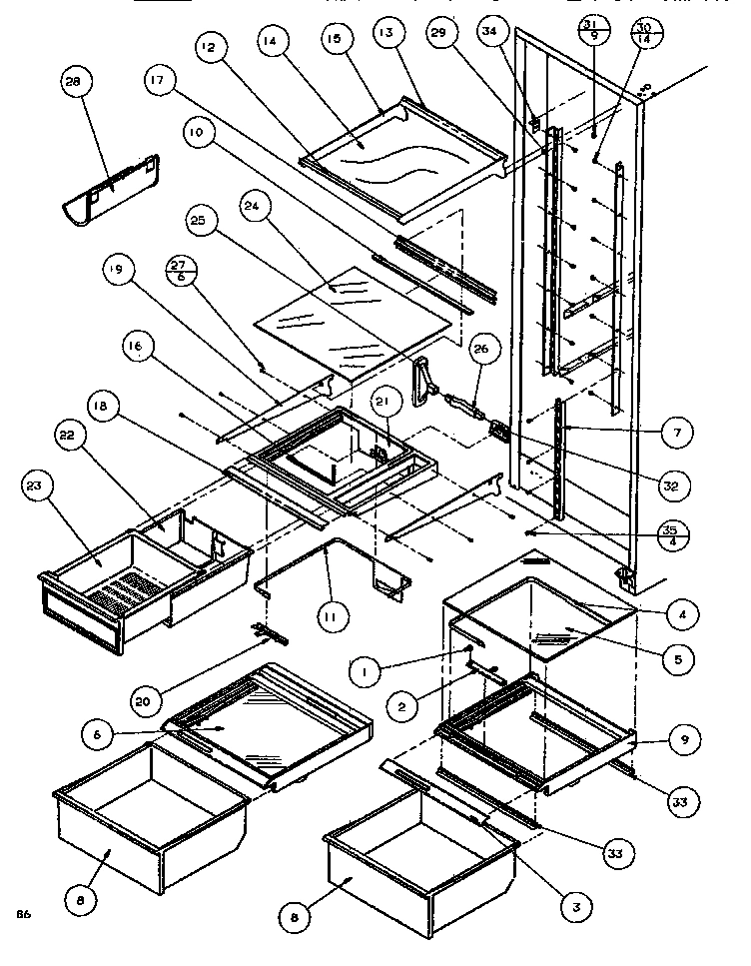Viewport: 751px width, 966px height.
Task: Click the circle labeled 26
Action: click(480, 349)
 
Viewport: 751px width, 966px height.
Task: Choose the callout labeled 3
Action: click(575, 906)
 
